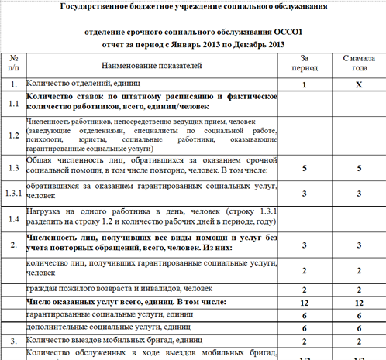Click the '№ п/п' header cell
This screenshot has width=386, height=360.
tap(13, 64)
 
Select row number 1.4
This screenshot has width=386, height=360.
tap(13, 217)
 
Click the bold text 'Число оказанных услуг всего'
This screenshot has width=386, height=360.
tap(85, 302)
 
